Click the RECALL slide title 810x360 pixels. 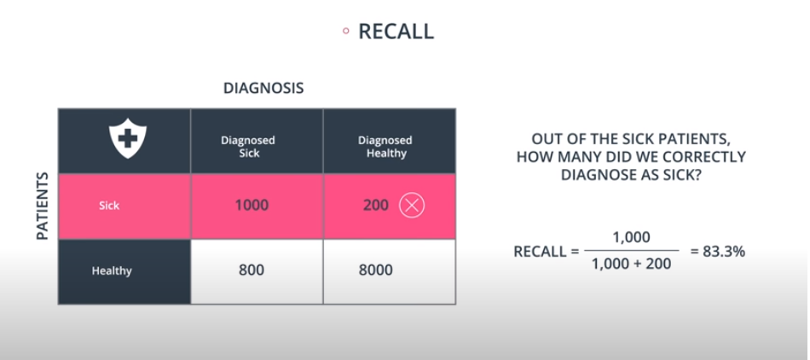[396, 32]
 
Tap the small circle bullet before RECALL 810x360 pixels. [345, 32]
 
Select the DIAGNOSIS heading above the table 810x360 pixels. [263, 88]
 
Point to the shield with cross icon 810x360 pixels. [127, 138]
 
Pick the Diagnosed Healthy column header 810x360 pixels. [385, 146]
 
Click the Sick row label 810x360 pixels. [108, 206]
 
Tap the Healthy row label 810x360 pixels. [112, 272]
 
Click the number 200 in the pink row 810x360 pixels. [375, 206]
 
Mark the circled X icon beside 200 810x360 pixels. [412, 206]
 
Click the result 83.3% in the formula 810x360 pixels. [719, 252]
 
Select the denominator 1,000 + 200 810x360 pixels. [632, 265]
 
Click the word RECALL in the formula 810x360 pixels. [541, 253]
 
